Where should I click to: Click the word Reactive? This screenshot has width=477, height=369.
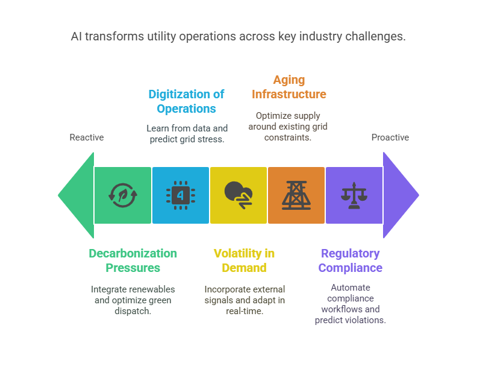[87, 137]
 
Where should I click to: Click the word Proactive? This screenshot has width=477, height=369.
[390, 137]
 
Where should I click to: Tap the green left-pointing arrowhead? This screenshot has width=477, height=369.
[76, 195]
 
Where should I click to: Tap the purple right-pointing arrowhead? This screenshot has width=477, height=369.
[401, 195]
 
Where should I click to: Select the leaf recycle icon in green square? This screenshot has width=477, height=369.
[123, 195]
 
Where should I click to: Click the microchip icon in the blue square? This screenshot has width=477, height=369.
[181, 195]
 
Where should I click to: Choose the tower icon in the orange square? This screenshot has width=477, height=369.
[296, 195]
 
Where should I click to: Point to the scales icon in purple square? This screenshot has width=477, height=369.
[354, 195]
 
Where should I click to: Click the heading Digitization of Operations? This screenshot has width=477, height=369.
[186, 101]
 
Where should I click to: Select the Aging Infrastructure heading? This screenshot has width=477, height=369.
[288, 87]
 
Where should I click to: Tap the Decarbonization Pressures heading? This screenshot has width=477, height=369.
[132, 260]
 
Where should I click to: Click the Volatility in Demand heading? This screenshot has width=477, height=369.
[244, 260]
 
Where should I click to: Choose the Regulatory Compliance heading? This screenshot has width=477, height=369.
[350, 260]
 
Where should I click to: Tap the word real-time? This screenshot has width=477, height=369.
[245, 311]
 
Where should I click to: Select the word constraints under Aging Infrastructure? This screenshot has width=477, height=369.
[287, 137]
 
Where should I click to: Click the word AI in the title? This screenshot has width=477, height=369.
[76, 36]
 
